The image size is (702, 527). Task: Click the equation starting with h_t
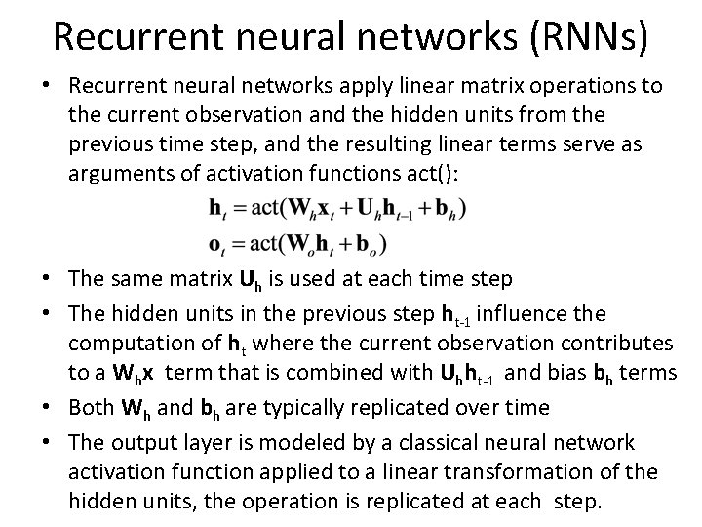(x=337, y=208)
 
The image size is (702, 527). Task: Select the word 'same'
(x=136, y=280)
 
